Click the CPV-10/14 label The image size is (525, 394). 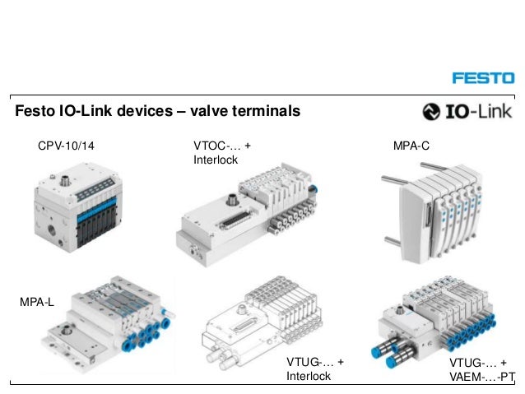(66, 146)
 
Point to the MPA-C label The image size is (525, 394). (411, 146)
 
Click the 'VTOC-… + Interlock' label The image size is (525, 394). (216, 152)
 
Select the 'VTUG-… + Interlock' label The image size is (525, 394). (314, 369)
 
